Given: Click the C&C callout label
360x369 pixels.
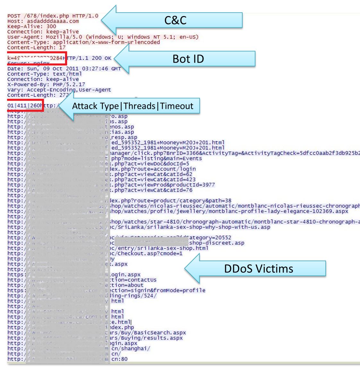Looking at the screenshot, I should [x=175, y=20].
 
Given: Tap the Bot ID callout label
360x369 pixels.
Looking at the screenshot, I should [x=188, y=59].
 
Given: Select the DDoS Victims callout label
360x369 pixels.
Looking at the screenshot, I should [x=258, y=268].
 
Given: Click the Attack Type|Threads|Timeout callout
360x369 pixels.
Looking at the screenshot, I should [x=133, y=106].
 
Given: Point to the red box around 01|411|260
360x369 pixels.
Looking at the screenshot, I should [x=25, y=106].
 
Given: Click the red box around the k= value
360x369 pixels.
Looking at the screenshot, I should [x=37, y=58].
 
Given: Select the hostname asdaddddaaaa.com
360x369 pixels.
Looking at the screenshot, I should [x=53, y=21].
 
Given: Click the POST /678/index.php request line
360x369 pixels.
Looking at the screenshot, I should [x=53, y=16].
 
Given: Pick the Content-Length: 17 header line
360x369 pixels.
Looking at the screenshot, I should [x=36, y=48].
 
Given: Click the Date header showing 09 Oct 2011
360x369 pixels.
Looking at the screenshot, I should [x=64, y=69].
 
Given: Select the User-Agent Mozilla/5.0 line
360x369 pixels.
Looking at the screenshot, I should [x=103, y=37].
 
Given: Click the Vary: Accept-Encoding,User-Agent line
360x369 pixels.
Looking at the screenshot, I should [x=59, y=90].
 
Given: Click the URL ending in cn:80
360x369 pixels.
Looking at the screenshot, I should [x=119, y=359].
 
